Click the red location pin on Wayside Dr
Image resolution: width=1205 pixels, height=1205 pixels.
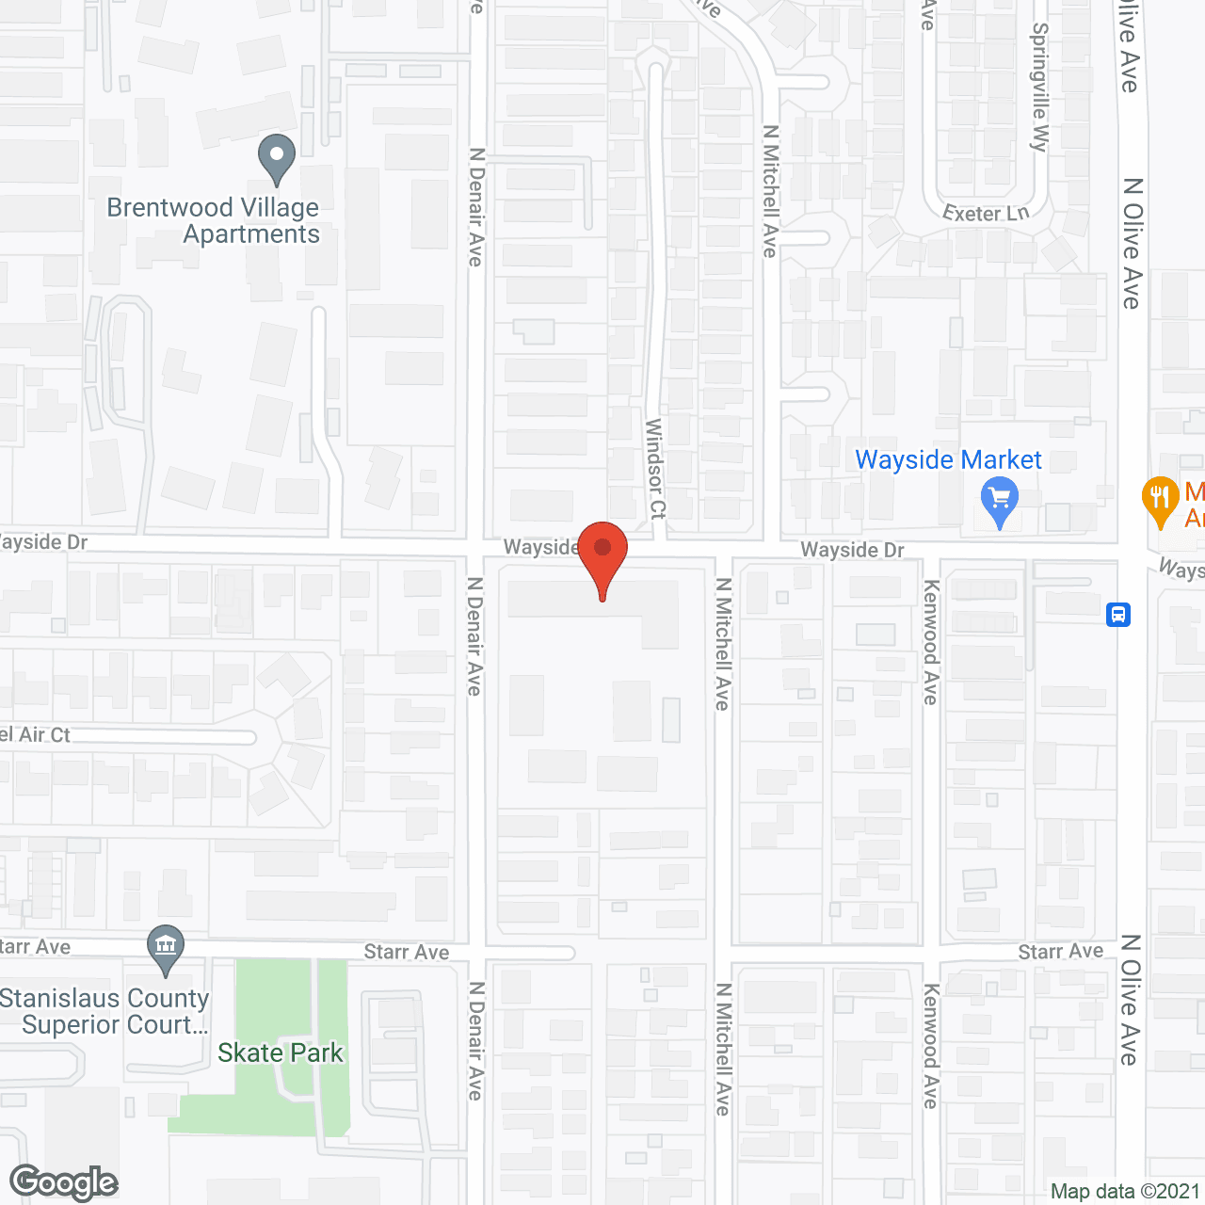602,554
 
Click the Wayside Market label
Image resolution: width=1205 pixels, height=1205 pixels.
948,459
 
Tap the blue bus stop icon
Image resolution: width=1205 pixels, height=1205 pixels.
1117,615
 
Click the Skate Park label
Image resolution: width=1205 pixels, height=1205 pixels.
281,1052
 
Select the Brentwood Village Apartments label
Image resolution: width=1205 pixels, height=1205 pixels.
214,220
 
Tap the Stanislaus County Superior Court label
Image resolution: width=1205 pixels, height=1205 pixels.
104,1011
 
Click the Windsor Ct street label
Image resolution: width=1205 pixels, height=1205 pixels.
655,469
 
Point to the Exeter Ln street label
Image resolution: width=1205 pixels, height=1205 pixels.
986,213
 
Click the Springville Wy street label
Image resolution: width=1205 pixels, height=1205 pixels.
1039,87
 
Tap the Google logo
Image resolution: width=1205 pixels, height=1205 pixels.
64,1182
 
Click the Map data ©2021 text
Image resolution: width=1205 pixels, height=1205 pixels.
1125,1191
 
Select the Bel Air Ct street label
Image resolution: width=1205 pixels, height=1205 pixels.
35,735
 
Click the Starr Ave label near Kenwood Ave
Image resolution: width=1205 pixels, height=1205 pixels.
1060,952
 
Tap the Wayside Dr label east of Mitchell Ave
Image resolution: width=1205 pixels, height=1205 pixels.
852,550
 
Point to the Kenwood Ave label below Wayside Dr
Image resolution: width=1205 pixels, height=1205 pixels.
930,642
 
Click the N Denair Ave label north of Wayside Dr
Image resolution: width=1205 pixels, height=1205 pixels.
476,207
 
